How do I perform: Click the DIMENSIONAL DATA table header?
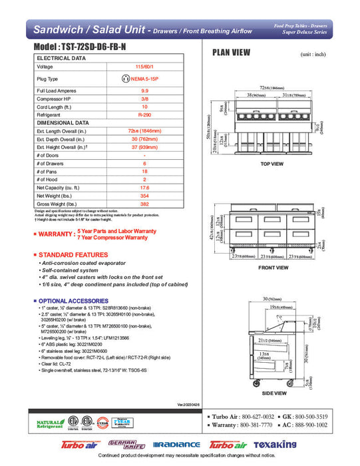click(x=63, y=123)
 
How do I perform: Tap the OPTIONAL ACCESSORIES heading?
click(x=73, y=301)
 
